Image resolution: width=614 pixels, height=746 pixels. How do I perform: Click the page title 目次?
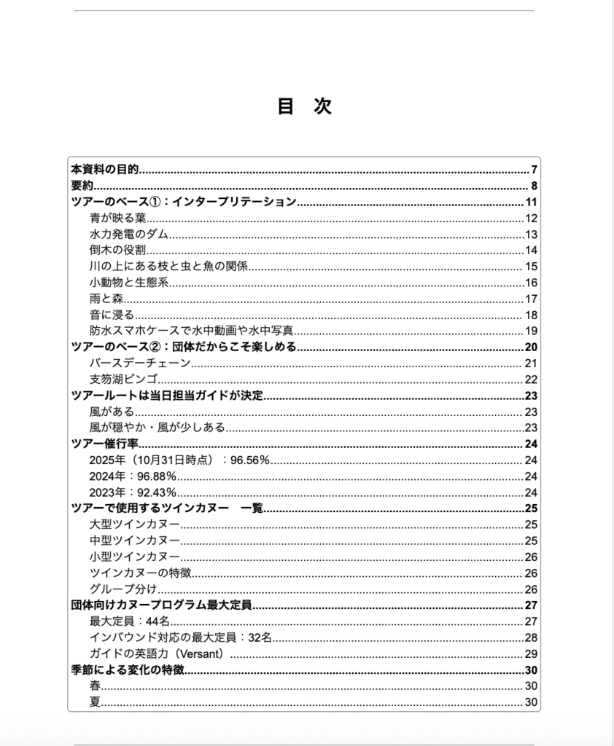point(304,106)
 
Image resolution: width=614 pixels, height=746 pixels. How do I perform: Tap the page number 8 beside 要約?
point(534,186)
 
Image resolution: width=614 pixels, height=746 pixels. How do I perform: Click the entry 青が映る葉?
point(118,219)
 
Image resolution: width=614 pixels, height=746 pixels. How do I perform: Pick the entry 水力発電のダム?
point(129,234)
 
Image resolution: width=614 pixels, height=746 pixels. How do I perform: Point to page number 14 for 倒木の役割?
point(531,251)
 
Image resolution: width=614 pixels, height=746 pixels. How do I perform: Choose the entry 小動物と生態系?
point(130,283)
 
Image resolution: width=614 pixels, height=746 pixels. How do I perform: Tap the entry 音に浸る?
point(112,315)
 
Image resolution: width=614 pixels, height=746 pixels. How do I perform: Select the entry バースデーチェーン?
point(140,363)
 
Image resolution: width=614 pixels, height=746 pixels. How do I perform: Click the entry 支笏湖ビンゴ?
point(124,379)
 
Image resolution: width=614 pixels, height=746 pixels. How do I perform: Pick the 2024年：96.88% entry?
point(133,476)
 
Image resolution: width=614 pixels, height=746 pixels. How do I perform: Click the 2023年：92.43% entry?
point(133,492)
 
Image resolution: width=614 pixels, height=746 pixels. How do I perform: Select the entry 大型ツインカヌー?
point(135,525)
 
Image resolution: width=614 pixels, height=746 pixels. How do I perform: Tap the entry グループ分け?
point(123,589)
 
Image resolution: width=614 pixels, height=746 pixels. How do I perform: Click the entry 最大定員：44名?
point(129,621)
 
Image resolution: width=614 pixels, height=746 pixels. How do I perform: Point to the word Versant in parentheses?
point(201,653)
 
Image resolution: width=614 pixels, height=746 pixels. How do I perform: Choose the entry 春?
point(95,686)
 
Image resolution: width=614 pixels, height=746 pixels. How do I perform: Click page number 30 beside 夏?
point(531,702)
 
